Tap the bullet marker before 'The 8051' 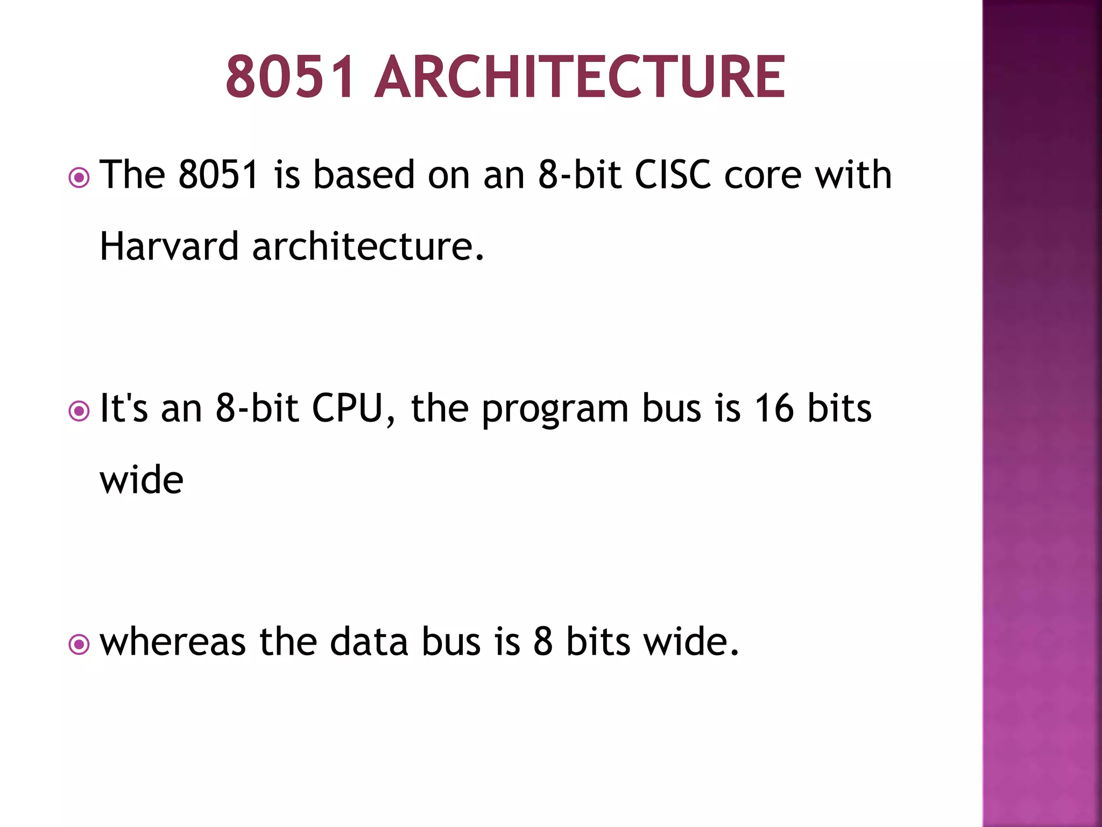[79, 177]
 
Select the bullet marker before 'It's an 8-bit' [79, 411]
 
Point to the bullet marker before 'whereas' [79, 644]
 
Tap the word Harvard [169, 246]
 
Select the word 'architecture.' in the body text [368, 246]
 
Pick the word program [554, 410]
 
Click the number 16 [773, 408]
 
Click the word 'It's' [124, 408]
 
